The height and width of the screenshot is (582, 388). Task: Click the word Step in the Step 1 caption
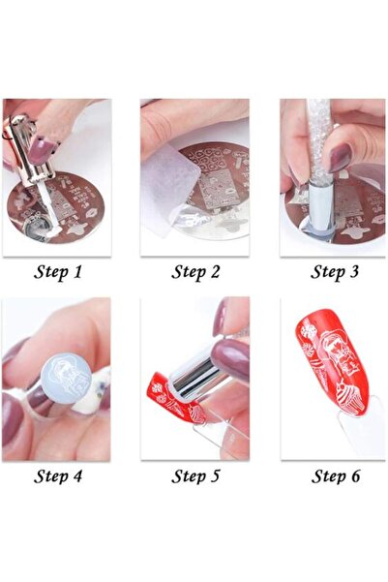pyautogui.click(x=49, y=272)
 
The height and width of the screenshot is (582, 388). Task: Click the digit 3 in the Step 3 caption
pyautogui.click(x=354, y=272)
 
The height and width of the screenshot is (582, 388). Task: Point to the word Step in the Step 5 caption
pyautogui.click(x=188, y=475)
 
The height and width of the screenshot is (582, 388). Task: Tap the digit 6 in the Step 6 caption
pyautogui.click(x=355, y=475)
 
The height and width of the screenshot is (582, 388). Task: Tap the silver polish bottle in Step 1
pyautogui.click(x=28, y=154)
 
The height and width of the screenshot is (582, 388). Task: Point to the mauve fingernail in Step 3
pyautogui.click(x=340, y=158)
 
